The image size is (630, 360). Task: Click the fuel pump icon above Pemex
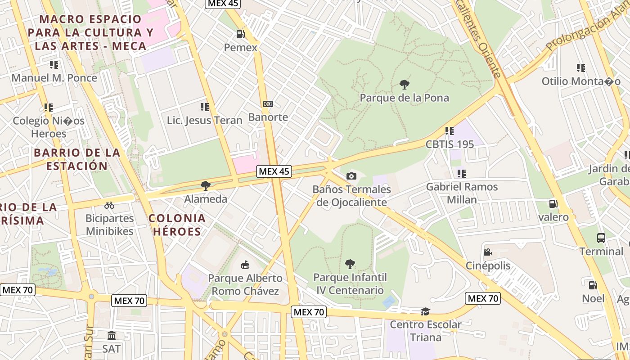241,34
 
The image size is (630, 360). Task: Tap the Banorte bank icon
268,104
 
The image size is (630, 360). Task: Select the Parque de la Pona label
404,98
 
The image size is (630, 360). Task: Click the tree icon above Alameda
206,185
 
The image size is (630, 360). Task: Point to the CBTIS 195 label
450,144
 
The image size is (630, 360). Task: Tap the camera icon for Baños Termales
351,176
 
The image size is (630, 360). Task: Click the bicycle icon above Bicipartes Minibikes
109,205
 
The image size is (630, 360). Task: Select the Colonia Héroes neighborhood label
177,225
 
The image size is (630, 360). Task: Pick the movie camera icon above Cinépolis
487,252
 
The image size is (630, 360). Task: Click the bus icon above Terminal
601,238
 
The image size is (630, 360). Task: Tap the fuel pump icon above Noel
593,285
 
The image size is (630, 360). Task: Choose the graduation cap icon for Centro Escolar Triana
425,311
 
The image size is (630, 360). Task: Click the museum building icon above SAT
111,335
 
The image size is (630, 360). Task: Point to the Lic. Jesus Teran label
205,120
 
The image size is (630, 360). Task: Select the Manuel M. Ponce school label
54,78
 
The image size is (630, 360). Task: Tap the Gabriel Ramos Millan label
462,193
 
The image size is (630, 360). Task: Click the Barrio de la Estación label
77,159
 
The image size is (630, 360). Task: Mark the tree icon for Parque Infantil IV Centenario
350,264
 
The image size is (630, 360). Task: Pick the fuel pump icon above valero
553,204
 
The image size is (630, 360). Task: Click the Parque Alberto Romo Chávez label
245,284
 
